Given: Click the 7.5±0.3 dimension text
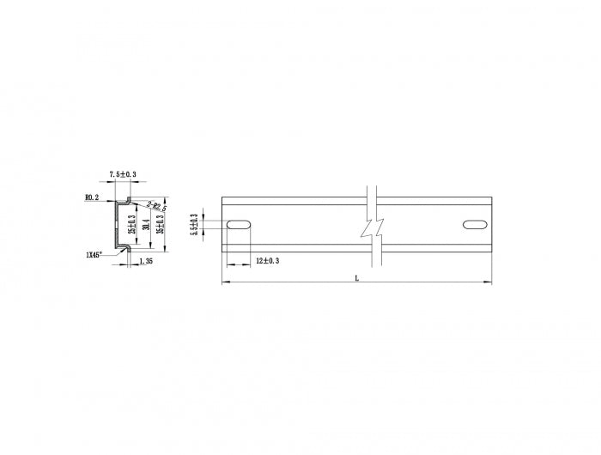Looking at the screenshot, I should point(123,175).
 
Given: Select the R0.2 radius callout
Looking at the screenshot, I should point(92,197).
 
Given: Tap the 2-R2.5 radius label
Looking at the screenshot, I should point(156,206).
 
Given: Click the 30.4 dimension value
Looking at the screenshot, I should point(146,225).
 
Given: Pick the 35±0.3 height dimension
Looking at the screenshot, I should point(160,225).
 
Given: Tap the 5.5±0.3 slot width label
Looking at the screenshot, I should point(195,225).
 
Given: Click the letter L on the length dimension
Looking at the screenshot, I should point(356,278).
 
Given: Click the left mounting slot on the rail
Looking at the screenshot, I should point(239,225).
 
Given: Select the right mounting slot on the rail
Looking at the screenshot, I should point(474,225).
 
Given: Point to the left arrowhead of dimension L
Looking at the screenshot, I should point(225,282).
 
